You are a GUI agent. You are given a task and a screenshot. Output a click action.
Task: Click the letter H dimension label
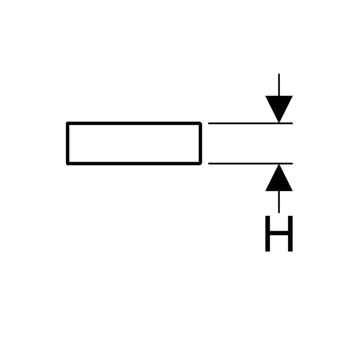tap(279, 233)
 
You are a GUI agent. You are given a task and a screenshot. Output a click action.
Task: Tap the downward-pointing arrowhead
tap(279, 109)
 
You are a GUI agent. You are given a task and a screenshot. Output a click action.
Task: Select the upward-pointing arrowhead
tap(279, 178)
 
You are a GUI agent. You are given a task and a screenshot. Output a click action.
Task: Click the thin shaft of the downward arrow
tap(279, 84)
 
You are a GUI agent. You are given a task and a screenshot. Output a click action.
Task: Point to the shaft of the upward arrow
tap(279, 202)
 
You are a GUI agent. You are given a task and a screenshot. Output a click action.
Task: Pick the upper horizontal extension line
tap(251, 123)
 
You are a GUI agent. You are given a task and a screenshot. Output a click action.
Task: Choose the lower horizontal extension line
tap(251, 164)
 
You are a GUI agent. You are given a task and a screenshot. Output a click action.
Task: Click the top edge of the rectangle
tap(134, 123)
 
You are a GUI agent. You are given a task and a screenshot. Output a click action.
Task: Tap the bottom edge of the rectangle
tap(134, 164)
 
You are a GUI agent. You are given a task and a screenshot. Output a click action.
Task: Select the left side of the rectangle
tap(68, 144)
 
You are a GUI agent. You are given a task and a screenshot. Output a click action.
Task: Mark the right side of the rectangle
tap(201, 144)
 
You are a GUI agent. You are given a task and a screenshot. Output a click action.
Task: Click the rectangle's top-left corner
tap(67, 122)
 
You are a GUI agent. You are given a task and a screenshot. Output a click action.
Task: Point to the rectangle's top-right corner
tap(201, 122)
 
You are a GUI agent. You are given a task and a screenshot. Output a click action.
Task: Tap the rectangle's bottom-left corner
tap(67, 164)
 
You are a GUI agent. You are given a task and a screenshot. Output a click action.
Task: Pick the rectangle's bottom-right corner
tap(201, 164)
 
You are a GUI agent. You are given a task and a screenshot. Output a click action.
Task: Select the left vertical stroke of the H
tap(267, 233)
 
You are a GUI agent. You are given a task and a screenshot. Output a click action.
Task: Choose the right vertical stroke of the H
tap(290, 233)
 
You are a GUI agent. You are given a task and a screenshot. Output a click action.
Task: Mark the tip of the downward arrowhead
tap(279, 123)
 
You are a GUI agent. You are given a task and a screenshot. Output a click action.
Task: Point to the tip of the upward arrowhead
tap(279, 164)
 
